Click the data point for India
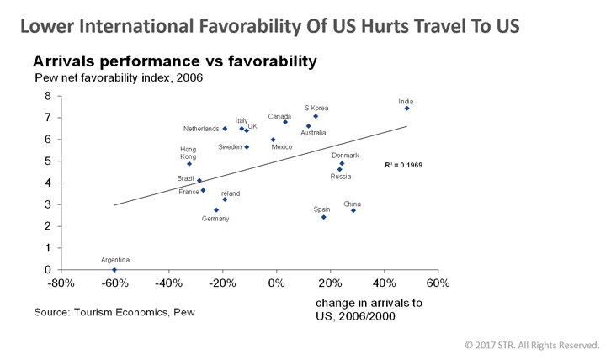pos(406,109)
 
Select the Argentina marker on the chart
pos(114,269)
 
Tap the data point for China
pos(353,210)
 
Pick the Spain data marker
pos(324,217)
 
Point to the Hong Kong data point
pos(189,163)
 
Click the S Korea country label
pos(316,108)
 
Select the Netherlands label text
pos(201,129)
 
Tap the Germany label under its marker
pos(215,219)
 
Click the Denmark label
pos(345,155)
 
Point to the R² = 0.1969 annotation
pos(405,165)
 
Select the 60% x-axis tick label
pos(438,284)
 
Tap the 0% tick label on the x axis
pos(277,284)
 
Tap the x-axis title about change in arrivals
pos(369,310)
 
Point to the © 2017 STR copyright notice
pos(532,345)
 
